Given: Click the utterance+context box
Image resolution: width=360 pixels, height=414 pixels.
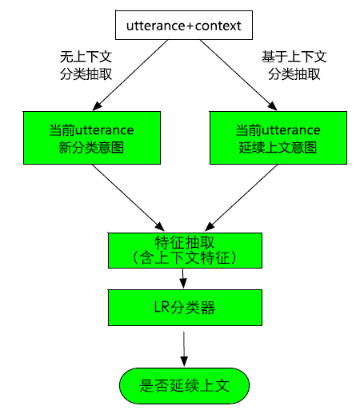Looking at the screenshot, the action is tap(184, 25).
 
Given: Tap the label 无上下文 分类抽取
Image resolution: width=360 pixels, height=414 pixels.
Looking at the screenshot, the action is tap(86, 66).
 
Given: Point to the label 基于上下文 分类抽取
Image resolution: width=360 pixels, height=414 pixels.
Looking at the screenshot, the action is tap(294, 66).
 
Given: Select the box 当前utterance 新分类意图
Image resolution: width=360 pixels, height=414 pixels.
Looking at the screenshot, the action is tap(92, 137).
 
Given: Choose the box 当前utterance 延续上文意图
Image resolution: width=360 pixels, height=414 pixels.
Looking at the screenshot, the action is tap(278, 137).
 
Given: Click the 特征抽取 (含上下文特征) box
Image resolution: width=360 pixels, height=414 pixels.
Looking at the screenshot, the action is tap(185, 250).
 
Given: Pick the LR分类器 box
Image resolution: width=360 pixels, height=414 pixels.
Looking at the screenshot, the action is tap(185, 308).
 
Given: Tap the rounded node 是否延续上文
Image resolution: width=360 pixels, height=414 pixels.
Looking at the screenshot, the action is tap(184, 386).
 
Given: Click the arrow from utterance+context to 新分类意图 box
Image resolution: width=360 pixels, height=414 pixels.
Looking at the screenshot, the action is tap(130, 75).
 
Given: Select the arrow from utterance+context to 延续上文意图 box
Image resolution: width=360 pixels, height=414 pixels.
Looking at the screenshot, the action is tap(238, 75).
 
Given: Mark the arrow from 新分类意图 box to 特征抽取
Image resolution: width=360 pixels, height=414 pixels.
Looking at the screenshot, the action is tap(128, 197).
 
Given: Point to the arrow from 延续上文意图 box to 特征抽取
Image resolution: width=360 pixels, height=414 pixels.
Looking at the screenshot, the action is tap(241, 197).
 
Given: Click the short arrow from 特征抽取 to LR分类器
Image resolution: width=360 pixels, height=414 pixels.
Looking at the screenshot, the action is tap(183, 278).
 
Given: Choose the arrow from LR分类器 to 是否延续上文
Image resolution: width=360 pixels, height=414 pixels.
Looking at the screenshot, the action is tap(184, 349).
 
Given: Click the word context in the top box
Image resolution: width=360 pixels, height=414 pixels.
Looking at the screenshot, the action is tap(218, 26).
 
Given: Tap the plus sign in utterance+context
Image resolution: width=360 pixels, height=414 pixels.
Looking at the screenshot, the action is tap(190, 26).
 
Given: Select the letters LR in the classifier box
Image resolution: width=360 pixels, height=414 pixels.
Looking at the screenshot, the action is tap(162, 307).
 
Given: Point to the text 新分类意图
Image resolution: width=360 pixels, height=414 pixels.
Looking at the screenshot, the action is tap(91, 147).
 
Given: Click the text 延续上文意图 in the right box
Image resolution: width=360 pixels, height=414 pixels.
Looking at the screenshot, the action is tap(278, 147).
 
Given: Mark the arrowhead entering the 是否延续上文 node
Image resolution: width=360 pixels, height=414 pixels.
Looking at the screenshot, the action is tap(184, 361).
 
